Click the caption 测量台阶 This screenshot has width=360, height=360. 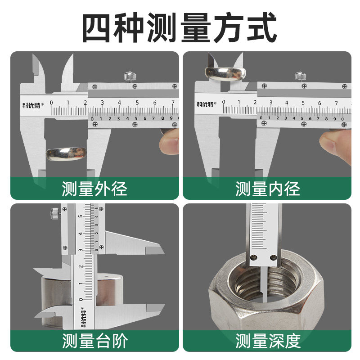point(94,341)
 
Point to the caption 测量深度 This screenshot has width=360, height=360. point(267,341)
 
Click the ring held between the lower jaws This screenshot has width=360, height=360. point(67,153)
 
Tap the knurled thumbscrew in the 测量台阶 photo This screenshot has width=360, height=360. point(55,211)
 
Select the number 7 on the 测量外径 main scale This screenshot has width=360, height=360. point(173,103)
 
